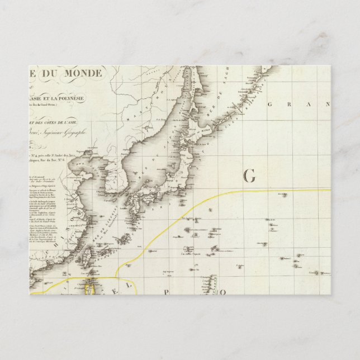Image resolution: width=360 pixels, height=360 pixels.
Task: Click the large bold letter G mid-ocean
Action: pyautogui.click(x=249, y=176)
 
